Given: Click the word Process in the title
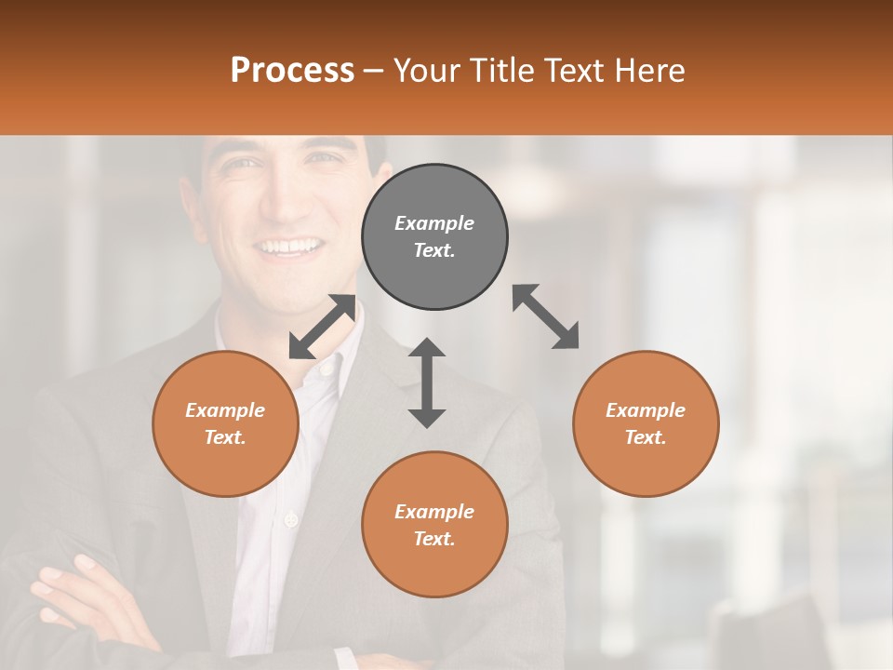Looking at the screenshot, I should pos(292,70).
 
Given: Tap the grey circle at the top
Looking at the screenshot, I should pos(434,236).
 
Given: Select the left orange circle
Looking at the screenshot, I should pos(225,423).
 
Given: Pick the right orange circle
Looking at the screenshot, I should pos(646,423).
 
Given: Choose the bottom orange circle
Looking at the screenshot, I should pos(434,525).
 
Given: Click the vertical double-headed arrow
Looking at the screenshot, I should pos(427,382).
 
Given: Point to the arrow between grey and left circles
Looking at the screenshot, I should pos(322,327).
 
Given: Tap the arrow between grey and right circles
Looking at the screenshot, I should pos(546,317).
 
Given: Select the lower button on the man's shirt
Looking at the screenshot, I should pos(291,518).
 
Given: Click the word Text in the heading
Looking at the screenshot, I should pos(578,70).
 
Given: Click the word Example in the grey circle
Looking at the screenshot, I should pos(434,223).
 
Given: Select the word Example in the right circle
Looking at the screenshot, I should pos(646,410).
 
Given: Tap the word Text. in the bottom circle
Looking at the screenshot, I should pos(434,539).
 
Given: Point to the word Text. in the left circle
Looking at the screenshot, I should pos(225,437).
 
